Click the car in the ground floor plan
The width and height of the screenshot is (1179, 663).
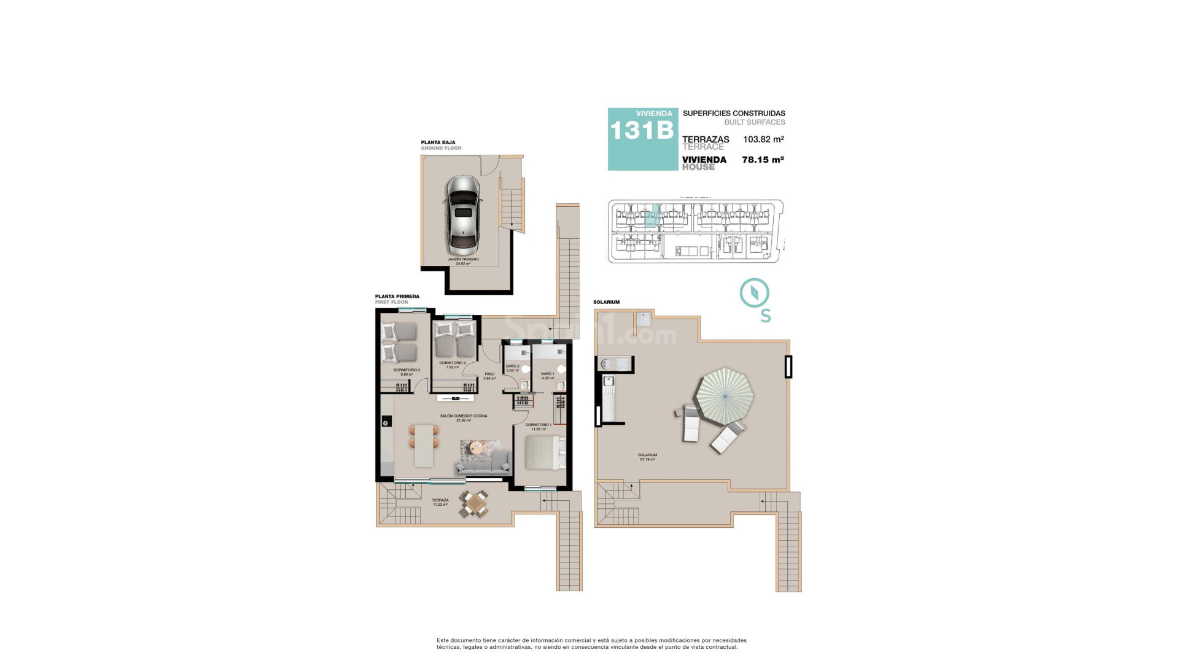click(463, 215)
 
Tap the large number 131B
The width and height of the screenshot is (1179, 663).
click(642, 131)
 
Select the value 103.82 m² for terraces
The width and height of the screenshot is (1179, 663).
click(763, 139)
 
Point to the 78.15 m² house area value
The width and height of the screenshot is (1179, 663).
click(763, 160)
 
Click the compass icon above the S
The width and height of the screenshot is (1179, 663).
click(755, 293)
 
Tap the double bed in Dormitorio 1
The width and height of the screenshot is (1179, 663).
click(543, 453)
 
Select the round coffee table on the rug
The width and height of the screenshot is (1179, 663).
click(475, 449)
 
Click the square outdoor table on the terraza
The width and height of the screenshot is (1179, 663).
click(474, 504)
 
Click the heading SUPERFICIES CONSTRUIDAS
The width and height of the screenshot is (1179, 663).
click(734, 114)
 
